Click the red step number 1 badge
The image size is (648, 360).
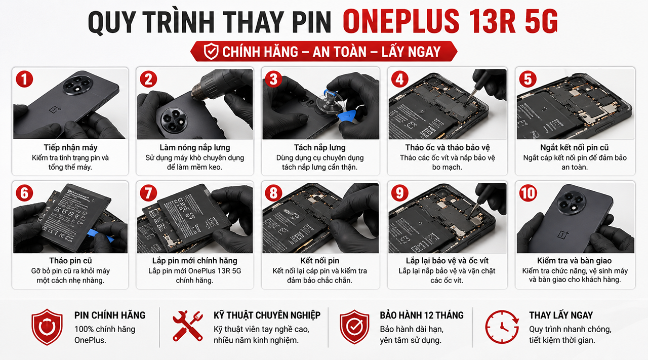(24, 79)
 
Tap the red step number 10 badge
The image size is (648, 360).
(528, 193)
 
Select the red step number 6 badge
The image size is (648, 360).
(24, 193)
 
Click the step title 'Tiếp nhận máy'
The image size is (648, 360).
(70, 147)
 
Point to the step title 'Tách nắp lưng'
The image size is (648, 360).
(319, 147)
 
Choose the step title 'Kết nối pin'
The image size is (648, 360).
(319, 261)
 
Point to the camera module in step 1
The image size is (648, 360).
(76, 86)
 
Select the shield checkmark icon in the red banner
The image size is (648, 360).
(211, 51)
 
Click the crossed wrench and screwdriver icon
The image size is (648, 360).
(188, 326)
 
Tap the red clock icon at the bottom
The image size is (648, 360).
(502, 327)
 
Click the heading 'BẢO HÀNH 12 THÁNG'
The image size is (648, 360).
(422, 315)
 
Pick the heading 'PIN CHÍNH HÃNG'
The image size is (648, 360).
(110, 315)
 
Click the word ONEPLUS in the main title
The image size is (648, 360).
(401, 21)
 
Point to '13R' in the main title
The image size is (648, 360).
(493, 21)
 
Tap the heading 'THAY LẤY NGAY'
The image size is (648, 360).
(561, 315)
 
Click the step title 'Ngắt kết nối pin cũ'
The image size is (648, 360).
(575, 147)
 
